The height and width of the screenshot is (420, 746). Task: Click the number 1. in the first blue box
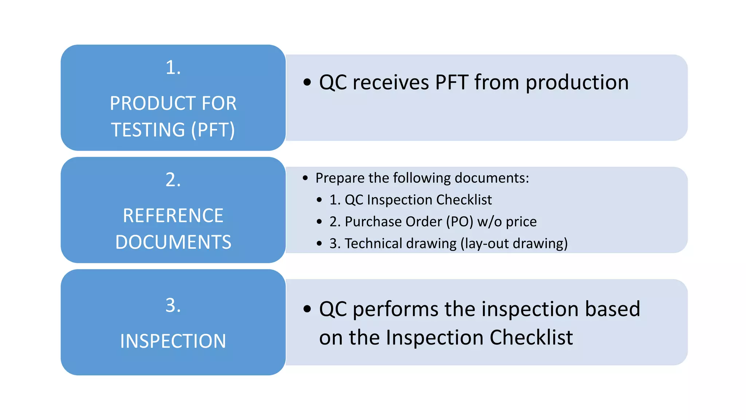tap(173, 68)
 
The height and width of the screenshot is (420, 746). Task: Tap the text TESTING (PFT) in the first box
tap(173, 130)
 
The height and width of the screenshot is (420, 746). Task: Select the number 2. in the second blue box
tap(173, 180)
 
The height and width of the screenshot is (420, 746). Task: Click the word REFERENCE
tap(173, 216)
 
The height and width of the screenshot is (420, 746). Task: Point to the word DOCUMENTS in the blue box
tap(173, 242)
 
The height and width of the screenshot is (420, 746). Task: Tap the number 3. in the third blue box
tap(173, 306)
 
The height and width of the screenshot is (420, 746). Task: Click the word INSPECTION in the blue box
tap(173, 342)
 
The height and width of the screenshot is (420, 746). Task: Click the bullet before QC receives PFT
tap(307, 82)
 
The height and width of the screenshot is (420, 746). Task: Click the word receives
tap(390, 82)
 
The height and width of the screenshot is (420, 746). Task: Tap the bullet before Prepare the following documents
tap(305, 178)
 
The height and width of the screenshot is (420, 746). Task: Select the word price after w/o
tap(521, 222)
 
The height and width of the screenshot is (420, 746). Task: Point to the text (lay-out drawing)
tap(514, 244)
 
